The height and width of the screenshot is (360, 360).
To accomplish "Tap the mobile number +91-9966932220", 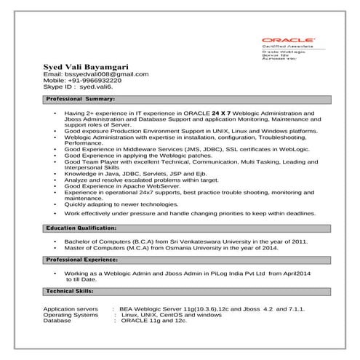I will point(96,80).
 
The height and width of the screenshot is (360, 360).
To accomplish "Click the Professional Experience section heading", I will point(83,259).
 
